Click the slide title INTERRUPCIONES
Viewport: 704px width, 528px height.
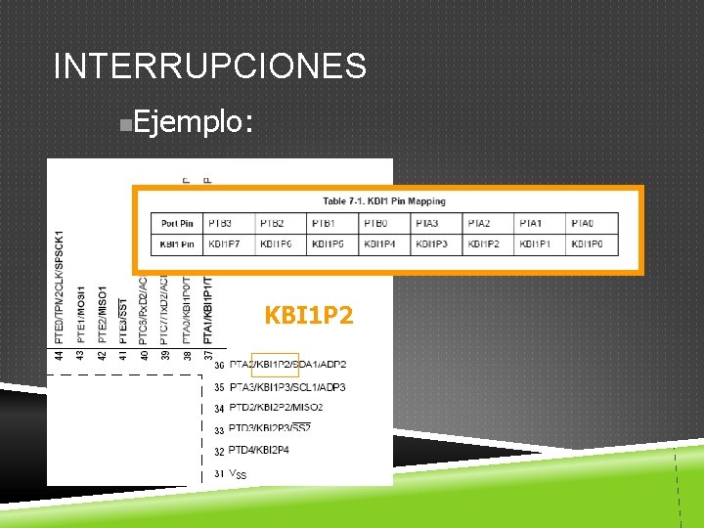pyautogui.click(x=210, y=66)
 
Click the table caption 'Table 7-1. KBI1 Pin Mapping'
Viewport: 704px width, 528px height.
pyautogui.click(x=384, y=201)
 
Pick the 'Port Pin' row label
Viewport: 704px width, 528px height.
pyautogui.click(x=177, y=224)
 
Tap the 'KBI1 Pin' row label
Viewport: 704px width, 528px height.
pyautogui.click(x=177, y=243)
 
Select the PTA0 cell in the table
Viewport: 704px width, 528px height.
pyautogui.click(x=583, y=224)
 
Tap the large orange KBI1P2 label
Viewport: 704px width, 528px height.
pyautogui.click(x=309, y=317)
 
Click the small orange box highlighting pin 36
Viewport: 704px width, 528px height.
pyautogui.click(x=275, y=365)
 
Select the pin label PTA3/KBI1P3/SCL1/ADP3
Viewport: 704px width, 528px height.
pyautogui.click(x=286, y=387)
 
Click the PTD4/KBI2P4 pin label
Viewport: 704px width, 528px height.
pyautogui.click(x=260, y=451)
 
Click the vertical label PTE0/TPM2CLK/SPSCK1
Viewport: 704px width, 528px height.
pyautogui.click(x=61, y=287)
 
